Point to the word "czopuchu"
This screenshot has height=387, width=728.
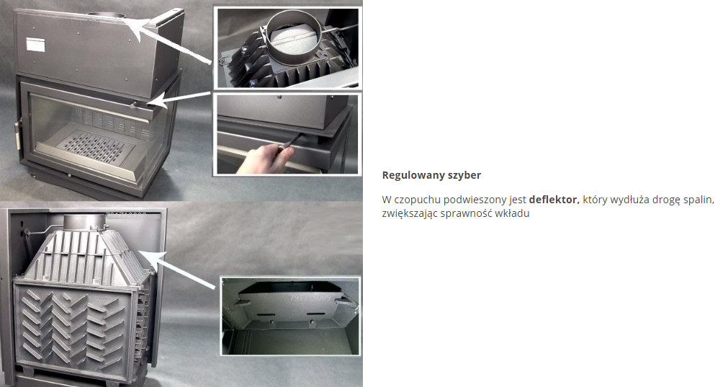click(x=417, y=200)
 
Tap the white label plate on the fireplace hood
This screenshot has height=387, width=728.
click(x=35, y=44)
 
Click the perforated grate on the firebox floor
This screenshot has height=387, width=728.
click(x=94, y=147)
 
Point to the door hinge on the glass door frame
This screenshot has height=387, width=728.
click(x=19, y=134)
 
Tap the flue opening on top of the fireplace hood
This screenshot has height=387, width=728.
click(x=107, y=15)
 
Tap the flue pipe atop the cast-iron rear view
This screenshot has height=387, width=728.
click(x=84, y=221)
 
